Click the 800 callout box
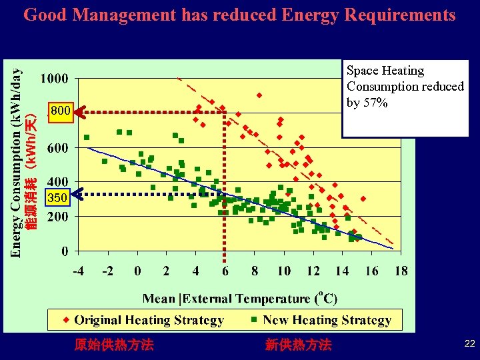pyautogui.click(x=59, y=110)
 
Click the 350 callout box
pyautogui.click(x=58, y=197)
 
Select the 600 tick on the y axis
pyautogui.click(x=57, y=148)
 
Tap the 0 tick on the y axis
pyautogui.click(x=65, y=251)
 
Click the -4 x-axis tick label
pyautogui.click(x=78, y=271)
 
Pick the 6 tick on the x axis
pyautogui.click(x=225, y=271)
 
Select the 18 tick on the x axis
pyautogui.click(x=401, y=271)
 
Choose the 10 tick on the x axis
pyautogui.click(x=284, y=271)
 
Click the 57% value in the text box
pyautogui.click(x=376, y=103)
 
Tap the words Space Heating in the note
pyautogui.click(x=385, y=71)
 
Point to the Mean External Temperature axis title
pyautogui.click(x=240, y=299)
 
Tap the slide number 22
pyautogui.click(x=469, y=343)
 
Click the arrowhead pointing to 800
pyautogui.click(x=78, y=112)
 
